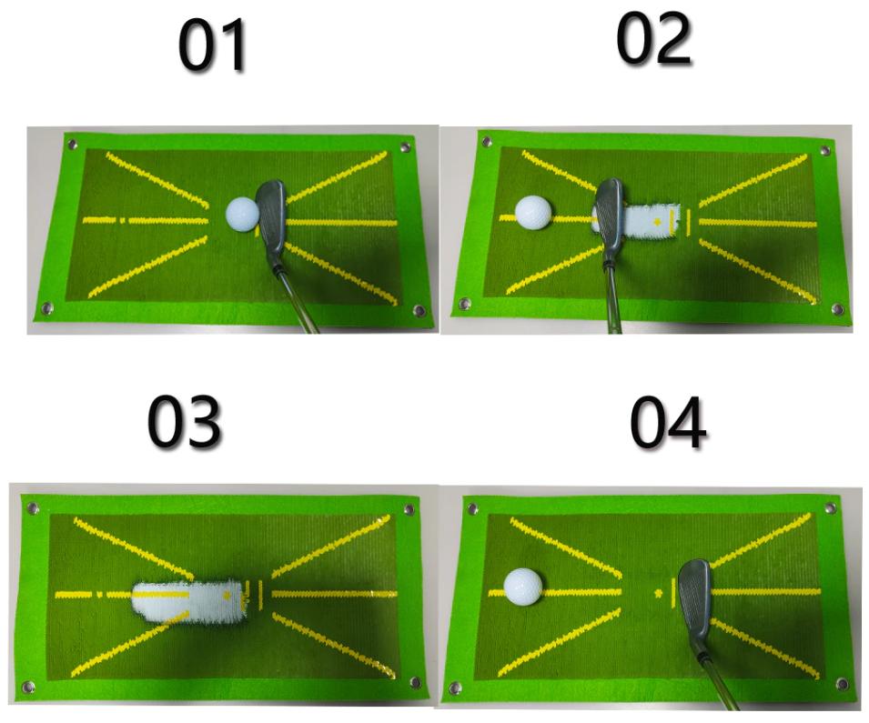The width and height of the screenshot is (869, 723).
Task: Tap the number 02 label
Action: point(654,39)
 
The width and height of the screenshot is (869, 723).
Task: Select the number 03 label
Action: point(185,422)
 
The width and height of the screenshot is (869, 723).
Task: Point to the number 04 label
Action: point(668,423)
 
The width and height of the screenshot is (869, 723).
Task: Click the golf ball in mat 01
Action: point(242,215)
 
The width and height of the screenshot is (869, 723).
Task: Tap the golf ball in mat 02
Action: point(533,212)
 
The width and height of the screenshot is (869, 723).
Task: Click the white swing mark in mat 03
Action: point(189,602)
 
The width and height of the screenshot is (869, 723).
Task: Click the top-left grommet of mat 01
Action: point(72,145)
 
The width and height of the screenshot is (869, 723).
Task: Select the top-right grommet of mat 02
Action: point(825,151)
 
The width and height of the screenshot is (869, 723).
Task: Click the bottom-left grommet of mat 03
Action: point(28,688)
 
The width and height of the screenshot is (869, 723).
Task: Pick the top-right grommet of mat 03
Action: point(409,509)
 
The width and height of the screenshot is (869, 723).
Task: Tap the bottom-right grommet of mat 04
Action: point(843,684)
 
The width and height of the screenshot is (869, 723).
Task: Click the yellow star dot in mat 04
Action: point(659,594)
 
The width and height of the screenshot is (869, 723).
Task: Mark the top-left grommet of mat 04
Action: point(472,507)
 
